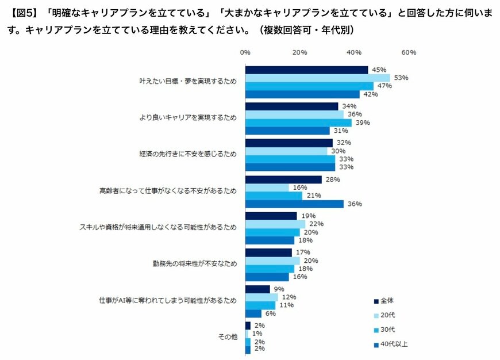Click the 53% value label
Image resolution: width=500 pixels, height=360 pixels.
401,78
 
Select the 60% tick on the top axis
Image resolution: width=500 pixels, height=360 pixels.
409,52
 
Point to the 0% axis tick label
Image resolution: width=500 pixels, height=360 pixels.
245,52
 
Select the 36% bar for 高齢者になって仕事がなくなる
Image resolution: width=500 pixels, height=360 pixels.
294,204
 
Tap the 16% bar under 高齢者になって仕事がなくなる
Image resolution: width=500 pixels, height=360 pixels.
267,187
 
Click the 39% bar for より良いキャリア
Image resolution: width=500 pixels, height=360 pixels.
298,122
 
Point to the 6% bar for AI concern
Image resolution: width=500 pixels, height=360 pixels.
253,313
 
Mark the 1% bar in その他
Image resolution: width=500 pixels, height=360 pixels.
247,334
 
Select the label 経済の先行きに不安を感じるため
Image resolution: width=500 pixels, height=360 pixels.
188,154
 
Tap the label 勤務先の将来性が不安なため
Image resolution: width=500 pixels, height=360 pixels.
196,264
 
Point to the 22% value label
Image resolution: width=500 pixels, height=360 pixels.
316,224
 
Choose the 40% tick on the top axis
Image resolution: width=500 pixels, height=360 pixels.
354,52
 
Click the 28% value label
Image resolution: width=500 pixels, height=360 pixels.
332,179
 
